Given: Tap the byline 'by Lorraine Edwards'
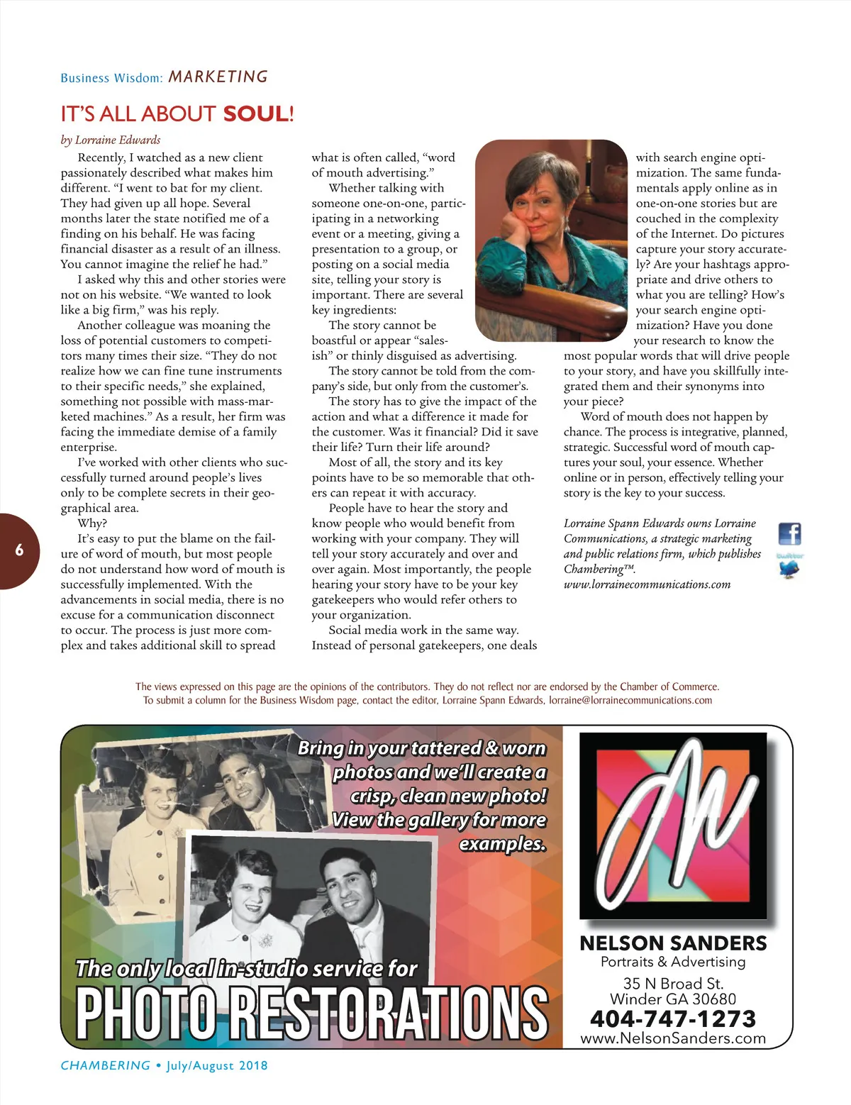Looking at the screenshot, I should click(111, 140).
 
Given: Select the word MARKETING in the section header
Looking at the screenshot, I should click(218, 77).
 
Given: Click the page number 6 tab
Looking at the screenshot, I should click(20, 550).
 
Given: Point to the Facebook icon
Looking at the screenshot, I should click(789, 533).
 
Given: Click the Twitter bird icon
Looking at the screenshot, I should click(789, 568).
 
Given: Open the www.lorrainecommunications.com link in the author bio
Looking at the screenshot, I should click(647, 584).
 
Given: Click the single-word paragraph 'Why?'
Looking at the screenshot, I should click(92, 523).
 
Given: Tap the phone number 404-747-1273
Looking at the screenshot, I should click(673, 1018).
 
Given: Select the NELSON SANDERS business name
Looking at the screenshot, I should click(673, 943).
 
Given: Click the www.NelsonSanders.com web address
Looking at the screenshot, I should click(673, 1038).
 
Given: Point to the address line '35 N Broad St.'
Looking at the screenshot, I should click(673, 983).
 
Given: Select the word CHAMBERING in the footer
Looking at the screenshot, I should click(106, 1065).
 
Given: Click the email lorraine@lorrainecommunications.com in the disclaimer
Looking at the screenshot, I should click(630, 700).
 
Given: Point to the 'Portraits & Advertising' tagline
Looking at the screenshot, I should click(673, 962).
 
